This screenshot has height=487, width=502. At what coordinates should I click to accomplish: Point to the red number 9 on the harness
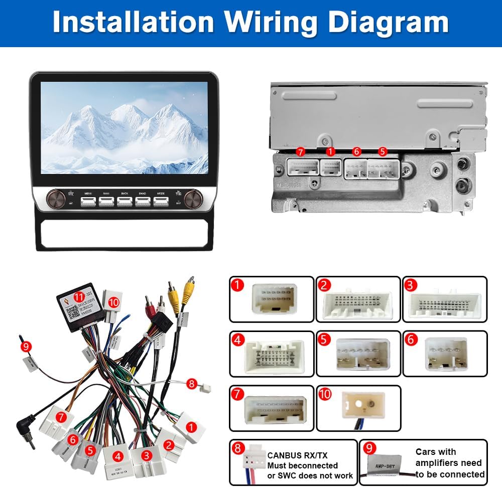tap(26, 346)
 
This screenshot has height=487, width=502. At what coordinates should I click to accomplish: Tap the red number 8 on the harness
tap(191, 384)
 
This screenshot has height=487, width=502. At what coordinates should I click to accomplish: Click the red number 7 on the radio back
tap(301, 151)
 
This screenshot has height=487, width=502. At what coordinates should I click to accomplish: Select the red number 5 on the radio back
tap(383, 151)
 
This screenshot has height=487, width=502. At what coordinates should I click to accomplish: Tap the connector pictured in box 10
tap(362, 407)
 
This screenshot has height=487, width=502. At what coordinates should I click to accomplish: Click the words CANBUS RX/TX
tap(297, 455)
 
